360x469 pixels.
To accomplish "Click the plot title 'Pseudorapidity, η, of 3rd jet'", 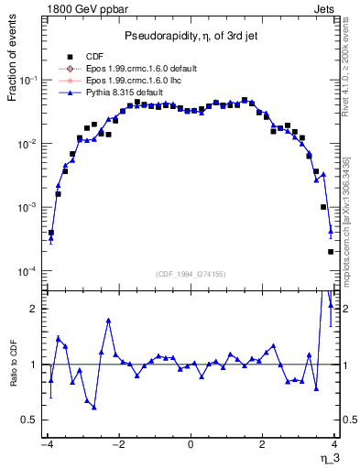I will tap(190, 35).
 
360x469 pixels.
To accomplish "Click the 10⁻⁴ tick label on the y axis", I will tap(29, 271).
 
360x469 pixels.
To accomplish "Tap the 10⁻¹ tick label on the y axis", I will tap(29, 81).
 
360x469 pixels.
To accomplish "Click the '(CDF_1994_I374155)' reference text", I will tap(191, 274).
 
